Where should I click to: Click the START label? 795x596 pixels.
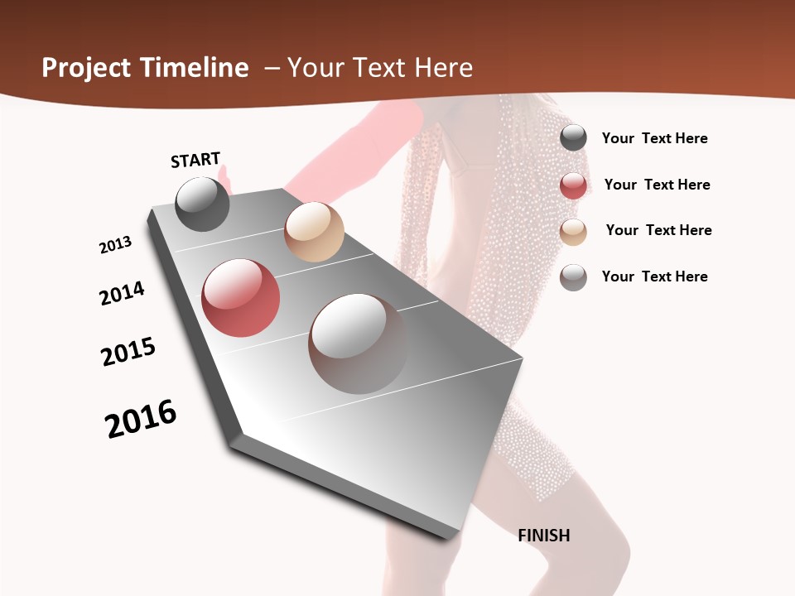click(195, 160)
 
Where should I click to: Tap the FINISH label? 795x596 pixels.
click(543, 536)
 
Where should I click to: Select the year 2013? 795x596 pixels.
click(115, 245)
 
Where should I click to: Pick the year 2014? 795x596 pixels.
click(122, 293)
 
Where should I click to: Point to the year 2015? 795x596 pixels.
click(128, 352)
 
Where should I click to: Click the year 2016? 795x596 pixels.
click(141, 419)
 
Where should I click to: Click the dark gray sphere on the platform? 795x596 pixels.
click(202, 204)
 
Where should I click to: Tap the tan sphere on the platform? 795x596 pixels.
click(314, 232)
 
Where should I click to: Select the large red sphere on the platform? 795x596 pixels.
click(241, 298)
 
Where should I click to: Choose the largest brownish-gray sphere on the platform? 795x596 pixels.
click(358, 344)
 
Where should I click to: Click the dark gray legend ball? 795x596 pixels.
click(573, 137)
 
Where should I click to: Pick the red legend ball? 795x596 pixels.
click(573, 185)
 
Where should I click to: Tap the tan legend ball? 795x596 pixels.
click(573, 231)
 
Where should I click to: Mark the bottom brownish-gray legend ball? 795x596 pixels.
click(573, 276)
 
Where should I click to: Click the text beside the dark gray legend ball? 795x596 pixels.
click(654, 138)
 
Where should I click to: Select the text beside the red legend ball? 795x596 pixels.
click(657, 185)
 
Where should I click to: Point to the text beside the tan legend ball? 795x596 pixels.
click(658, 230)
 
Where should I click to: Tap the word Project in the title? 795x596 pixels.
click(86, 68)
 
